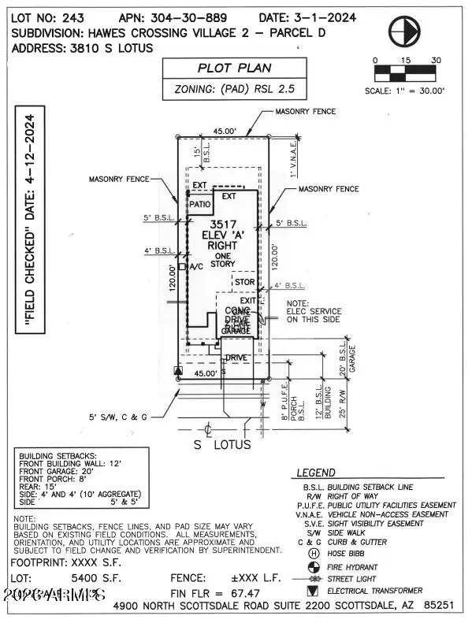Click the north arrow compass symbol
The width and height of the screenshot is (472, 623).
point(403,30)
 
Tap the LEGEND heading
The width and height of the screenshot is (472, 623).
point(315,473)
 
